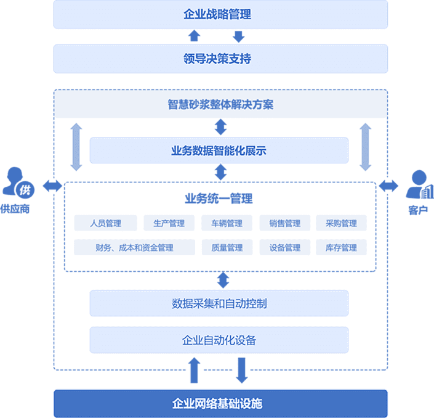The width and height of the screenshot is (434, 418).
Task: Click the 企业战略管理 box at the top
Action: [x=220, y=14]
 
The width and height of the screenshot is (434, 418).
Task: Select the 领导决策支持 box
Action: [x=220, y=59]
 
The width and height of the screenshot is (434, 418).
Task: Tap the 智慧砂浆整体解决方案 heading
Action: [x=220, y=105]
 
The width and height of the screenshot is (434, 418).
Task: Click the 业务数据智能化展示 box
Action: [x=219, y=150]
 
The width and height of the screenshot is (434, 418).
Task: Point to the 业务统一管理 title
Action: [x=219, y=199]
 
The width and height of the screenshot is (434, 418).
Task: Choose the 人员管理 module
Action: [x=105, y=223]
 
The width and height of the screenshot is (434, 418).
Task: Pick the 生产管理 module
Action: [x=169, y=223]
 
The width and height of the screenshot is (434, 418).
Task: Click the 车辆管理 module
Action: [x=227, y=223]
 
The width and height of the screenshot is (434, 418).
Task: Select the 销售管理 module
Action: [x=285, y=223]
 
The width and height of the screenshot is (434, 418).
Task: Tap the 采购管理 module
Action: [x=341, y=223]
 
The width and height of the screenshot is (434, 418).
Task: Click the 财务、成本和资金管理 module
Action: [x=135, y=247]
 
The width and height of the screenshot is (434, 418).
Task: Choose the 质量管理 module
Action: [x=227, y=247]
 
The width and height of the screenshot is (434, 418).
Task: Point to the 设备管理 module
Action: [x=285, y=247]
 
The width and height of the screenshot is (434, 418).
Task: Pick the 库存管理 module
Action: [x=341, y=247]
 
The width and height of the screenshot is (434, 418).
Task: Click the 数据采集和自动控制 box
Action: [x=219, y=303]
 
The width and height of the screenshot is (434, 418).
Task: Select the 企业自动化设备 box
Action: [x=219, y=340]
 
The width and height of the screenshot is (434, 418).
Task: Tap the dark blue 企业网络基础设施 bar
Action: [x=220, y=404]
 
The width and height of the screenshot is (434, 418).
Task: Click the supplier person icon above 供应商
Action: [x=18, y=182]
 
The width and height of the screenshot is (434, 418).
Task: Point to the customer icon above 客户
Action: [x=420, y=184]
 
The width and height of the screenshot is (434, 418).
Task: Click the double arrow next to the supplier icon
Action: [x=52, y=186]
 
